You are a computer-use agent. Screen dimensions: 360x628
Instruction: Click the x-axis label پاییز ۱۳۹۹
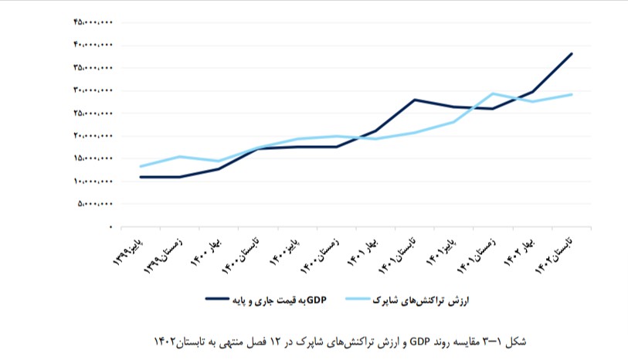(124, 250)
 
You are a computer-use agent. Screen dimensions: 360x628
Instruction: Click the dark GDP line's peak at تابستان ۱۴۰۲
(571, 53)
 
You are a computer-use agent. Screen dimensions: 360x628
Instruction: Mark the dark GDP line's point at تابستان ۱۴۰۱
(415, 100)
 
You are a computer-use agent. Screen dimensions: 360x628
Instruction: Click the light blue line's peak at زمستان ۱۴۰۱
(493, 93)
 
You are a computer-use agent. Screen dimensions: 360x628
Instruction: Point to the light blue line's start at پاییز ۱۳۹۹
(141, 166)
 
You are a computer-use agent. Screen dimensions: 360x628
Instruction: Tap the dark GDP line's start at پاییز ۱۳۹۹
(141, 177)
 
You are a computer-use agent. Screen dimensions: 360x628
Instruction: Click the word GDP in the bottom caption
(418, 341)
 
